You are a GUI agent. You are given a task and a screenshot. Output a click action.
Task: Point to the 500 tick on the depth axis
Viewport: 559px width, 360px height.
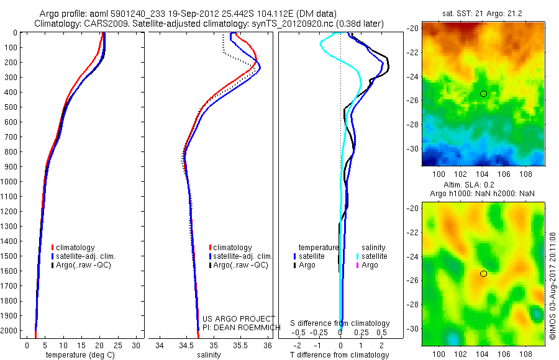[x=11, y=107]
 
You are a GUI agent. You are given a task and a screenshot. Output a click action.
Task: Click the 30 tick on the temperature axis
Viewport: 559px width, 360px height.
[x=137, y=344]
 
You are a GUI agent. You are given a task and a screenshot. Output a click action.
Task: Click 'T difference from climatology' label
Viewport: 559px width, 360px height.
[x=339, y=355]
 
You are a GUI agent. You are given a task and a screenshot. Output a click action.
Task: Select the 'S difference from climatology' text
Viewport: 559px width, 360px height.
[x=340, y=323]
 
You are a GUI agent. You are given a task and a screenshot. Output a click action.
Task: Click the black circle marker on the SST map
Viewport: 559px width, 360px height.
[x=483, y=94]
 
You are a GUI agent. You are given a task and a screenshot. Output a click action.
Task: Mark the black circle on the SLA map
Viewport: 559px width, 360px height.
[x=483, y=274]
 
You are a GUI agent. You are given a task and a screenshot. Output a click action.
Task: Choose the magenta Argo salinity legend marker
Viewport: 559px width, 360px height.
[x=358, y=265]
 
